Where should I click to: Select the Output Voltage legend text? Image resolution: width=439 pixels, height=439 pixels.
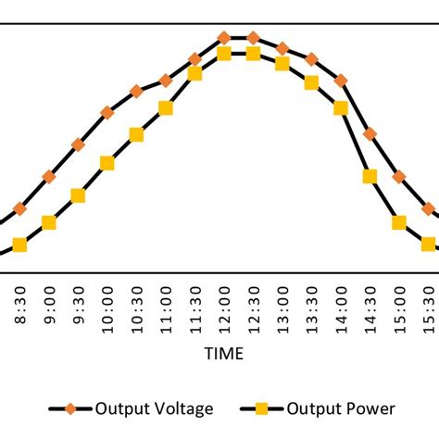pyautogui.click(x=155, y=408)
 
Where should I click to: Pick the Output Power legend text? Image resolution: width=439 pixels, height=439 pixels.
pyautogui.click(x=341, y=408)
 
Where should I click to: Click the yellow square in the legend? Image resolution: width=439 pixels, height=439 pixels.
pyautogui.click(x=261, y=408)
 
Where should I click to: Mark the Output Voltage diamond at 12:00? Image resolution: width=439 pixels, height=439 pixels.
pyautogui.click(x=224, y=38)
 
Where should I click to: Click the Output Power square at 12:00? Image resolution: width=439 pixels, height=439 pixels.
pyautogui.click(x=224, y=55)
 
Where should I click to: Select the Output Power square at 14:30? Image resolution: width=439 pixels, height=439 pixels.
pyautogui.click(x=370, y=176)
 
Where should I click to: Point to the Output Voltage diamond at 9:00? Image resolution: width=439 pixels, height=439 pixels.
pyautogui.click(x=49, y=176)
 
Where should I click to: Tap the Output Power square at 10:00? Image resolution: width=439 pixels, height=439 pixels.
pyautogui.click(x=107, y=163)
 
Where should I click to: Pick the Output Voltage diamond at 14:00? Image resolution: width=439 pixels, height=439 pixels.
pyautogui.click(x=341, y=81)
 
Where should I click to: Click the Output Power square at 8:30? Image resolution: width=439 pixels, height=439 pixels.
pyautogui.click(x=19, y=245)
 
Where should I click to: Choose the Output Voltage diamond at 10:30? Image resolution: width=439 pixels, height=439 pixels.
pyautogui.click(x=136, y=91)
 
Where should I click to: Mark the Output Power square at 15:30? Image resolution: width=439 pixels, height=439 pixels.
pyautogui.click(x=429, y=244)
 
